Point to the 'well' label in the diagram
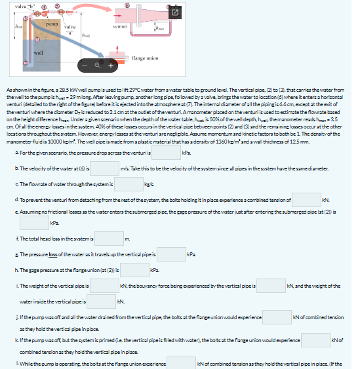point(37,49)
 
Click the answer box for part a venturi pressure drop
point(167,135)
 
